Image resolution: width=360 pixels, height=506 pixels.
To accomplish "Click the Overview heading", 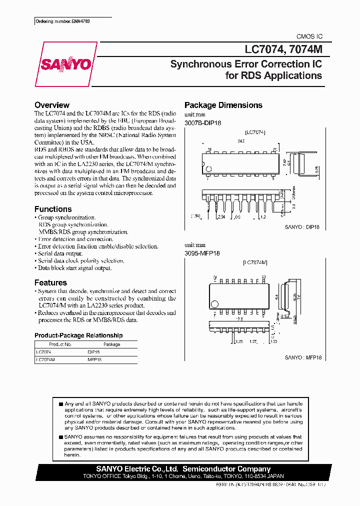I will tap(52, 105).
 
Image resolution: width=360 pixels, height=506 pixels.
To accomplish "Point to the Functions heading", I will tap(53, 209).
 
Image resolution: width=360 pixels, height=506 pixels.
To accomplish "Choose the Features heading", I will tap(50, 282).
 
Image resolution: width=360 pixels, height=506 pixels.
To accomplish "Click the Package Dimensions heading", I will tap(223, 105).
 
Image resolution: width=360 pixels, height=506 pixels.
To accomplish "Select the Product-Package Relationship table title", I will tap(78, 335).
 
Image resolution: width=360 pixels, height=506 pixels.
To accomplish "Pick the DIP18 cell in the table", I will tap(94, 352).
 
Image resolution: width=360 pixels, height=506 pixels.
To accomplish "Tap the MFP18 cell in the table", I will tap(94, 359).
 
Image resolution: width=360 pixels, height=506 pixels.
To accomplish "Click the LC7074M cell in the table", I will tap(45, 359).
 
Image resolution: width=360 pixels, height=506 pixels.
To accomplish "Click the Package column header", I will tap(111, 344).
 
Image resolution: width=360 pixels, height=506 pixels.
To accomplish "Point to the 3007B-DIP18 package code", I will tap(203, 122).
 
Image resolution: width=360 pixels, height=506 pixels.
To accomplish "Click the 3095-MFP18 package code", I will tap(202, 253).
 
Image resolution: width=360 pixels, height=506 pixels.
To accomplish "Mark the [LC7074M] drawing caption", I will tap(255, 262).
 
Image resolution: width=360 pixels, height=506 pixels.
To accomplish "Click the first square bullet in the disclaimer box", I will tap(61, 403).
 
